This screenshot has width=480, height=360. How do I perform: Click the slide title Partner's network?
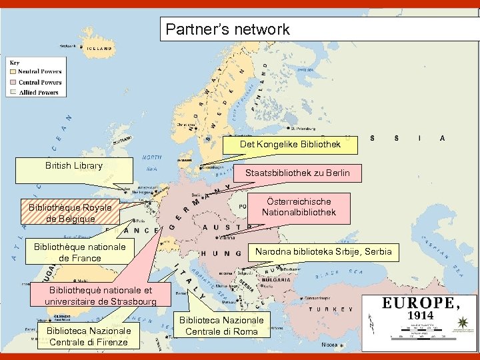(228, 29)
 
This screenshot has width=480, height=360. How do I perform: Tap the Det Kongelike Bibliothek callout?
(290, 144)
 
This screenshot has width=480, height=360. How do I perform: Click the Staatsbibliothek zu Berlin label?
(297, 173)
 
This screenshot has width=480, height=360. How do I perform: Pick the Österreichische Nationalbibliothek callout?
(299, 207)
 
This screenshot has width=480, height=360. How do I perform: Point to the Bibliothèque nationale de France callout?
(80, 252)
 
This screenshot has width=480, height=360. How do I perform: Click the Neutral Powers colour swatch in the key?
(13, 71)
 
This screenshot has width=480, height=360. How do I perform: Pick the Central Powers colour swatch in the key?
(13, 82)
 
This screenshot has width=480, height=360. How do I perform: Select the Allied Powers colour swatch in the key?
(13, 93)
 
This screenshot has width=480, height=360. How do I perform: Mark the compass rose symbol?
(461, 324)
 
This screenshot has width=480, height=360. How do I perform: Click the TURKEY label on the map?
(333, 309)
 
